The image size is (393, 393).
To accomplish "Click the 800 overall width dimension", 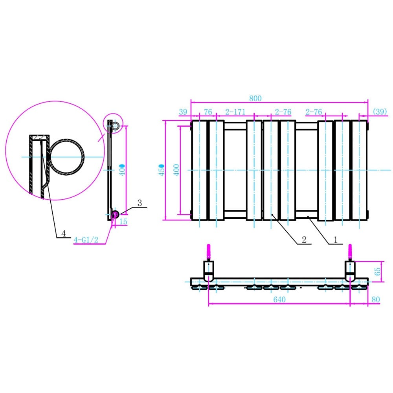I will (x=255, y=98).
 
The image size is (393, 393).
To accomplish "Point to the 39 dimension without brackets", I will (x=183, y=112).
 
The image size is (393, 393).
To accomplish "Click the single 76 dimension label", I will (x=208, y=112).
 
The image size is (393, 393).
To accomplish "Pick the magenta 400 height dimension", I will (x=176, y=170).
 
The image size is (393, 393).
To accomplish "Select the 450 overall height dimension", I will (x=162, y=170).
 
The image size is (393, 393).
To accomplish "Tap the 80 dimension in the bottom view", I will (x=375, y=299).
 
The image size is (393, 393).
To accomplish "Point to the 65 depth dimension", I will (x=378, y=271).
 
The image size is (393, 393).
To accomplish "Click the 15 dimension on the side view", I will (x=123, y=222).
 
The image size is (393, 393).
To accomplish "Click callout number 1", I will (x=336, y=240).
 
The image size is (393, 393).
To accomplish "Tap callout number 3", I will (x=140, y=203).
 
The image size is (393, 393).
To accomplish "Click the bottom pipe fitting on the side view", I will (x=116, y=214).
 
